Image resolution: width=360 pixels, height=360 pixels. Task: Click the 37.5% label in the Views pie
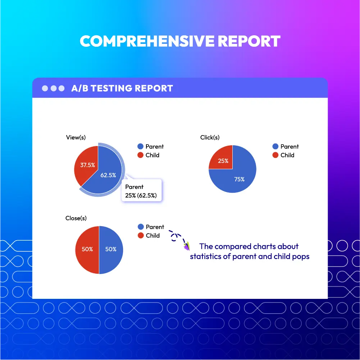[x=87, y=165]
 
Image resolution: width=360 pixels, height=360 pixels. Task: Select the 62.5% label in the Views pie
[x=108, y=175]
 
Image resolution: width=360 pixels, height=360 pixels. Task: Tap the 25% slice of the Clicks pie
[x=220, y=157]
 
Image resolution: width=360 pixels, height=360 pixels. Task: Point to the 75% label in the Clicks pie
[x=239, y=179]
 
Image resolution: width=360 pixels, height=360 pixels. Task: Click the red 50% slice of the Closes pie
[x=87, y=250]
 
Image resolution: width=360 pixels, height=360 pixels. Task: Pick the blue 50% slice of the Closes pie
[x=111, y=250]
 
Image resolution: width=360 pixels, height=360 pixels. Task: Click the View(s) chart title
[x=76, y=137]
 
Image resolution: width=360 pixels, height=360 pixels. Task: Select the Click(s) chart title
[x=210, y=137]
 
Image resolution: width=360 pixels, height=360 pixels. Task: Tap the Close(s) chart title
[x=76, y=218]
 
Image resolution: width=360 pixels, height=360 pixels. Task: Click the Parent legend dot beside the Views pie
[x=140, y=146]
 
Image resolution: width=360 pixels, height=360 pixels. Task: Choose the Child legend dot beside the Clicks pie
[x=275, y=155]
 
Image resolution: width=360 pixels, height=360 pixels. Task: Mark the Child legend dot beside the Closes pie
[x=141, y=236]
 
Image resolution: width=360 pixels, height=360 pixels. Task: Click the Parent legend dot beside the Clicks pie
[x=275, y=146]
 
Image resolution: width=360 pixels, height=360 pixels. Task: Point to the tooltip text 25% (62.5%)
[x=141, y=195]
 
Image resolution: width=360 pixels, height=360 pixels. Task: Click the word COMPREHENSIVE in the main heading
[x=147, y=41]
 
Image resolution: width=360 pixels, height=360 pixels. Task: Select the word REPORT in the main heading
[x=249, y=41]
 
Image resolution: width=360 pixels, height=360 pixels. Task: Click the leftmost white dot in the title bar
[x=45, y=88]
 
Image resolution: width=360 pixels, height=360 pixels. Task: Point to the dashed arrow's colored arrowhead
[x=187, y=246]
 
